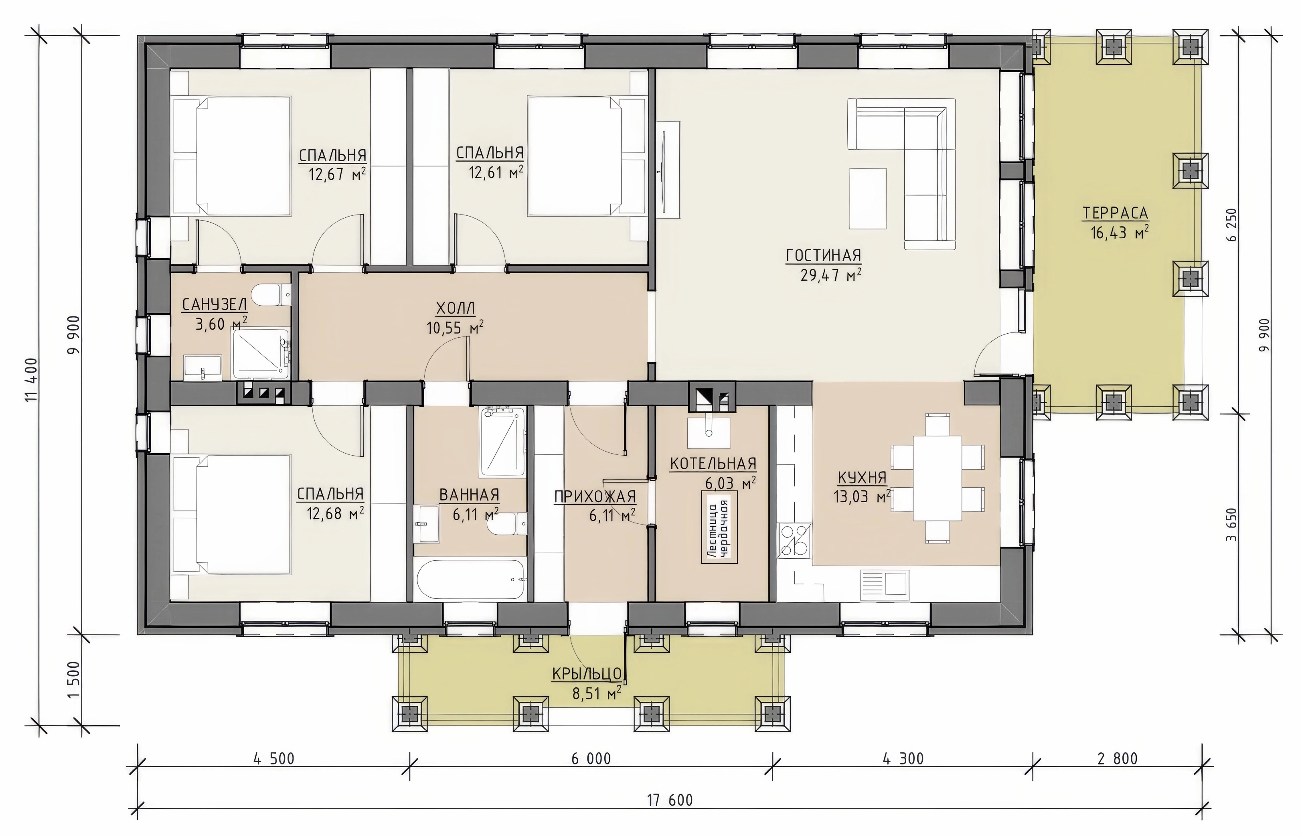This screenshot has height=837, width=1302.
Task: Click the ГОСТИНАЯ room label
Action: coord(823,255)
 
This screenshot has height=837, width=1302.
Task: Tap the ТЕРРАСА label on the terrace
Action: coord(1115,213)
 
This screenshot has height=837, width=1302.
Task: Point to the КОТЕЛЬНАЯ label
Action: coord(713,464)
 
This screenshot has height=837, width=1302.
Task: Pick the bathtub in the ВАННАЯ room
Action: coord(471,580)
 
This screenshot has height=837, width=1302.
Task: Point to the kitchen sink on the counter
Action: coord(884,585)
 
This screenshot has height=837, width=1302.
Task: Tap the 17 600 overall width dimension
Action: coord(670,800)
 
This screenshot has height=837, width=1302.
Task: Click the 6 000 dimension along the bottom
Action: coord(591,758)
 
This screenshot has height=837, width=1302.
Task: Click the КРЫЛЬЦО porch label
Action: coord(587,674)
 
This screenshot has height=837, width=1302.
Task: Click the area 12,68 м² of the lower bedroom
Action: coord(335,513)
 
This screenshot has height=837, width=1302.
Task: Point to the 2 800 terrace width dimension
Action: coord(1117,758)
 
